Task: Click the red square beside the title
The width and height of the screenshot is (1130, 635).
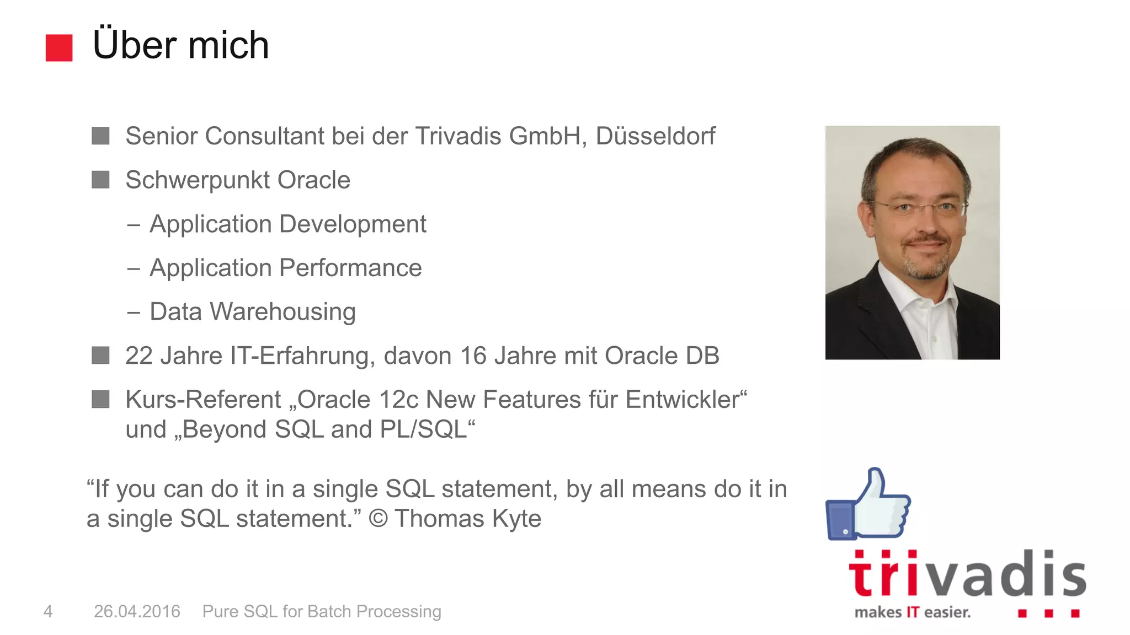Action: [59, 48]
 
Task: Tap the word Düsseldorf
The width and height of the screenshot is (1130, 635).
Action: [655, 136]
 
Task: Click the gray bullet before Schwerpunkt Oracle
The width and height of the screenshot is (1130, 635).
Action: [100, 180]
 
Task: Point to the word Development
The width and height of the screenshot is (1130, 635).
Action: [353, 224]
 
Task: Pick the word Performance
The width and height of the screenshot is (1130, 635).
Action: [350, 268]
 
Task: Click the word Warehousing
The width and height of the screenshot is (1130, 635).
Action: [282, 312]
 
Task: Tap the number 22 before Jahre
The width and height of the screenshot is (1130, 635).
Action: [139, 356]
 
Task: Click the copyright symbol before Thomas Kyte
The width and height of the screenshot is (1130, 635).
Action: [378, 519]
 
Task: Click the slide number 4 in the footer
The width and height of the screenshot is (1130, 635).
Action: [48, 611]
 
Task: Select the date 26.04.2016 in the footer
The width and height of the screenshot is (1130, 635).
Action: [137, 611]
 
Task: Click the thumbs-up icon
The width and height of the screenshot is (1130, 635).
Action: [868, 504]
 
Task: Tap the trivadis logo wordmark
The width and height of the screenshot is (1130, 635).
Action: [967, 574]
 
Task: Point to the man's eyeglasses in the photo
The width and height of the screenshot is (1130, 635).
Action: [920, 208]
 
